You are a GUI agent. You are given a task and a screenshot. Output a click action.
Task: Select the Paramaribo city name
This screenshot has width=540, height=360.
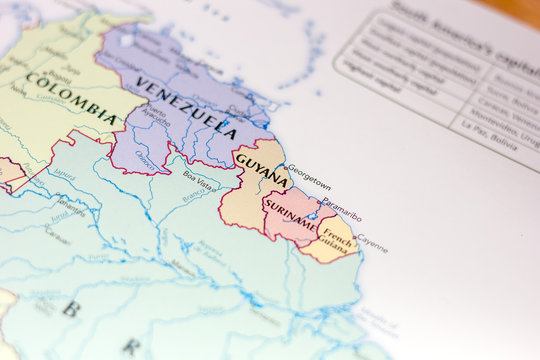point(341,212)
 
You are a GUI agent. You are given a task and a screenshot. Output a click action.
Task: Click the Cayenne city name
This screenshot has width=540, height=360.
point(372,243)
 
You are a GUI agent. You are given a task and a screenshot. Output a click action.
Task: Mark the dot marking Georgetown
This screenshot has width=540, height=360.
point(284,168)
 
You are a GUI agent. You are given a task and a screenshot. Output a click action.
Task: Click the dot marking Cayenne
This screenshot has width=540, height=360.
point(354,237)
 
